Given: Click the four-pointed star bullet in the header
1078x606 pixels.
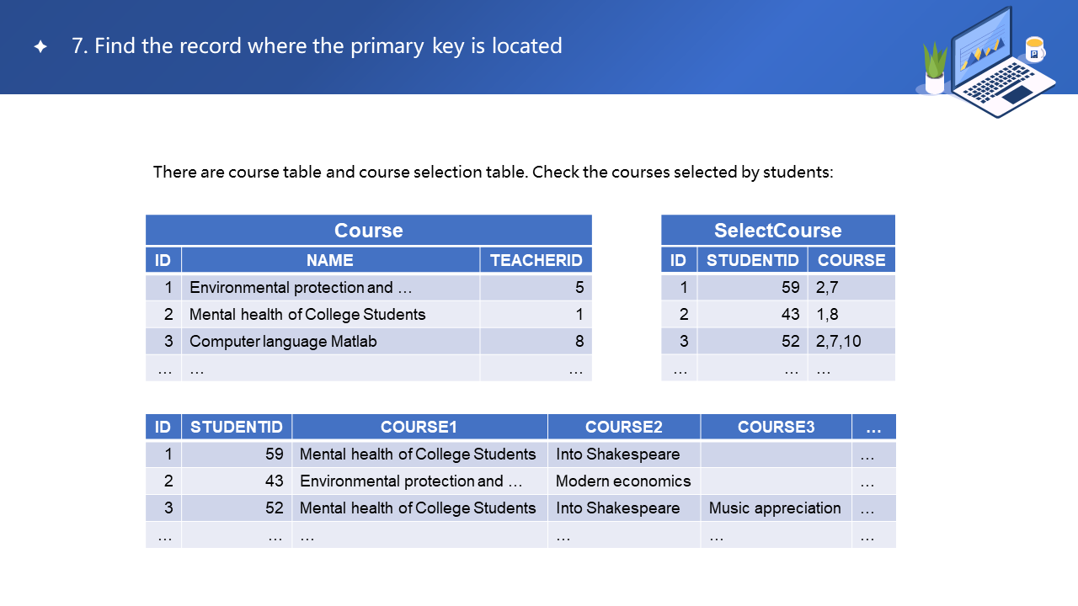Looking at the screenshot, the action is [x=40, y=46].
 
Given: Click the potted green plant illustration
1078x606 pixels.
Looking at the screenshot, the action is [x=935, y=68].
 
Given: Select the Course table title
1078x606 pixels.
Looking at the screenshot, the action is [x=369, y=231].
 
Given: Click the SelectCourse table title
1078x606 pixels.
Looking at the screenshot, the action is [x=777, y=231].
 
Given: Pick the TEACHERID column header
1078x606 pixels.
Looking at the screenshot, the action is [x=536, y=260].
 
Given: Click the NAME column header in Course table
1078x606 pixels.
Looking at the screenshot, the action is [x=330, y=260].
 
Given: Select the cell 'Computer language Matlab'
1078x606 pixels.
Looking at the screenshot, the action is [x=283, y=341].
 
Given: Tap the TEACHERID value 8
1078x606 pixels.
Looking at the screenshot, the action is [x=579, y=341].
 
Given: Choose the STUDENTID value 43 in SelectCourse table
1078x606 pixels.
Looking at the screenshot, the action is [x=790, y=314].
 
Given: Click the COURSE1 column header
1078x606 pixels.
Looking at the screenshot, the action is [x=419, y=427].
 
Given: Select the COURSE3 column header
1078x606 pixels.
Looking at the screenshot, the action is [x=776, y=427].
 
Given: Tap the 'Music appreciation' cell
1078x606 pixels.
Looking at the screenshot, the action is [x=775, y=508].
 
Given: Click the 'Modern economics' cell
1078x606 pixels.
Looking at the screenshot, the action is [x=623, y=481].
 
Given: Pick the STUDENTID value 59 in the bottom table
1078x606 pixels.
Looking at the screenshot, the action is [x=275, y=454].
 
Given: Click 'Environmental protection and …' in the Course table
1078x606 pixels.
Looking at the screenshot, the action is [x=301, y=287].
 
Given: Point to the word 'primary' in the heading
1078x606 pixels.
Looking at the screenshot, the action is [x=387, y=46].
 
